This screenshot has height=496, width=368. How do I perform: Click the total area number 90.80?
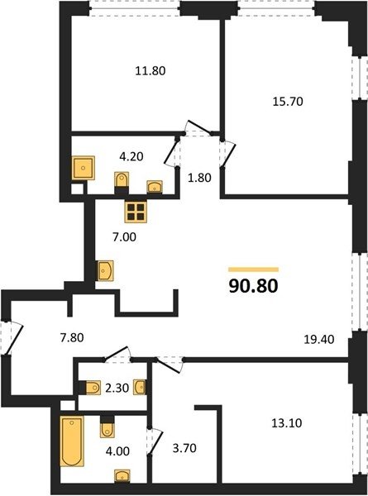pyautogui.click(x=253, y=286)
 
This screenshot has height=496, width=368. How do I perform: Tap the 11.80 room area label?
pyautogui.click(x=151, y=71)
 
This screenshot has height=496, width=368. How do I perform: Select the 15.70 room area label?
pyautogui.click(x=288, y=102)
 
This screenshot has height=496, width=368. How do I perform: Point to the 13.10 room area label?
pyautogui.click(x=287, y=423)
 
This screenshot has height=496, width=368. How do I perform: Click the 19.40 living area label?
pyautogui.click(x=319, y=340)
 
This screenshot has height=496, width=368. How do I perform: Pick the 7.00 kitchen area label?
pyautogui.click(x=124, y=236)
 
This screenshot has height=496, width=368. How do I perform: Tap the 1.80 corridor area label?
pyautogui.click(x=199, y=178)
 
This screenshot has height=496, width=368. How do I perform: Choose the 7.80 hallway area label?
pyautogui.click(x=72, y=337)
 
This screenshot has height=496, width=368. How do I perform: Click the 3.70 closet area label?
pyautogui.click(x=184, y=448)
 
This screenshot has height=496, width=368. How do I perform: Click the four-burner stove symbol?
pyautogui.click(x=136, y=212)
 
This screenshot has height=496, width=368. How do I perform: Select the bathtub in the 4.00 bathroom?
pyautogui.click(x=72, y=441)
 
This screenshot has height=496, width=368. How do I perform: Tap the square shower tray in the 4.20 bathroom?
pyautogui.click(x=84, y=168)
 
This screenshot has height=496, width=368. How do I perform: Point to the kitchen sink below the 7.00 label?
pyautogui.click(x=105, y=270)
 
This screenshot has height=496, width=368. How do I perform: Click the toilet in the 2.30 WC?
pyautogui.click(x=93, y=387)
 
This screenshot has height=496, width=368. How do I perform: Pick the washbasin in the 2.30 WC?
pyautogui.click(x=140, y=387)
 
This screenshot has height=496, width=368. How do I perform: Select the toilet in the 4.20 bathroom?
pyautogui.click(x=122, y=182)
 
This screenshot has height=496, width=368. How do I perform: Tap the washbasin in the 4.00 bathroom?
pyautogui.click(x=122, y=476)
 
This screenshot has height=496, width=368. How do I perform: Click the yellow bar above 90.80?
pyautogui.click(x=253, y=269)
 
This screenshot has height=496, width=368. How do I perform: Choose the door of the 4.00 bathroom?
pyautogui.click(x=155, y=441)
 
